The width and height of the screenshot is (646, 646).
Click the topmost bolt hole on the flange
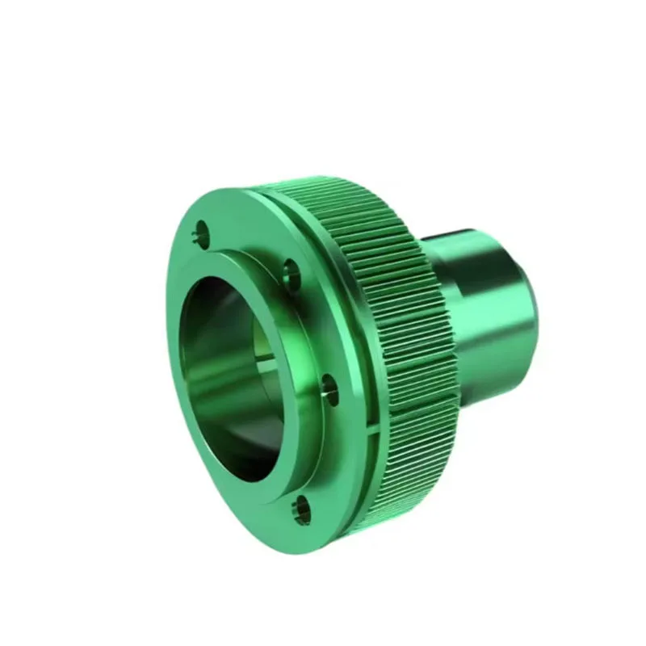[x=199, y=237]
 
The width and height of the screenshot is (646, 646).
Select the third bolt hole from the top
[x=329, y=388]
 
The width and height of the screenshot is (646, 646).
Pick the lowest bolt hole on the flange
[x=302, y=509]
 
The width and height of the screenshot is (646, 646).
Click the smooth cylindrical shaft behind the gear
[x=484, y=307]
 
